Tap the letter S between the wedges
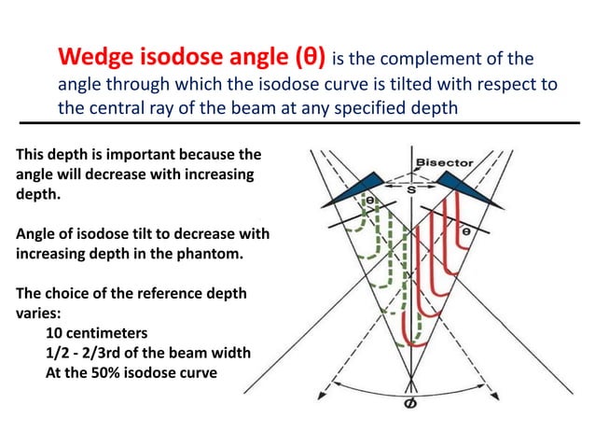tap(410, 188)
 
